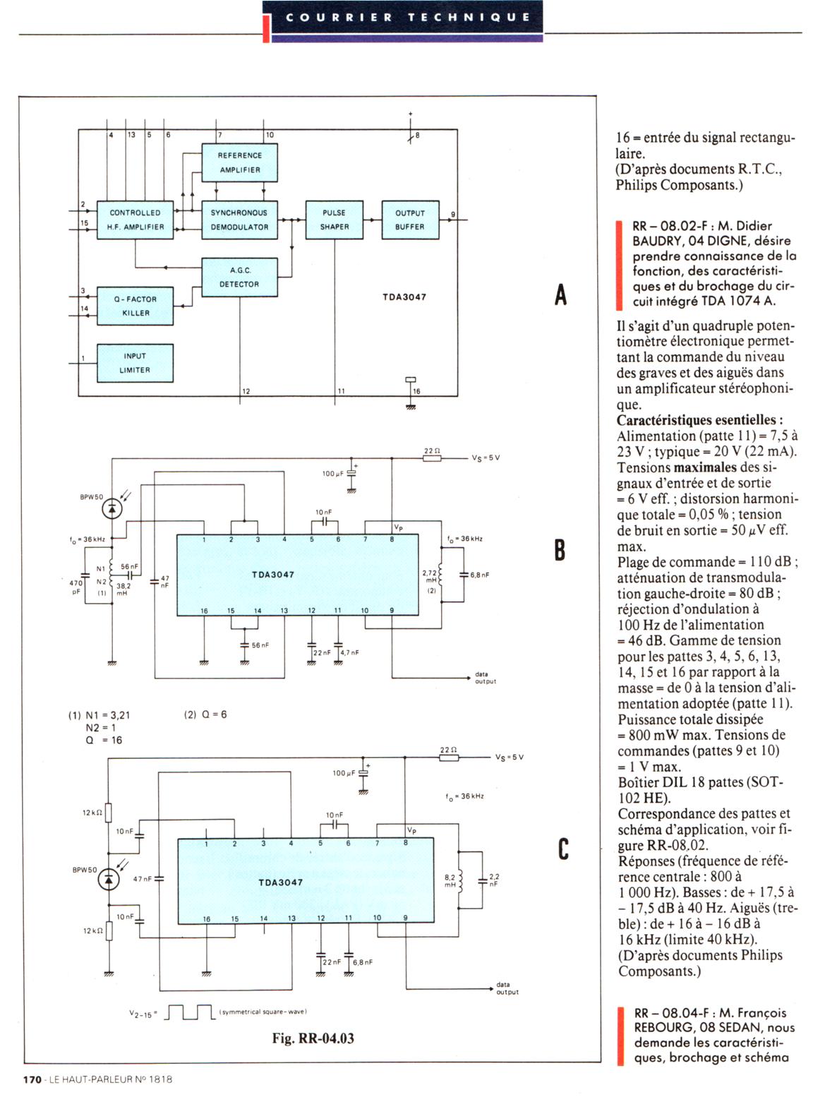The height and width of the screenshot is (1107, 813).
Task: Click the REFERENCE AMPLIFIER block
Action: coord(239,162)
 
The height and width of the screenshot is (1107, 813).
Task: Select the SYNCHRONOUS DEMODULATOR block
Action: coord(239,220)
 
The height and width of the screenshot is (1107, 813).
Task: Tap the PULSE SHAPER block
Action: coord(334,220)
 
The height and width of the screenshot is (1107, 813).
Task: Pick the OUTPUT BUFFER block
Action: coord(410,220)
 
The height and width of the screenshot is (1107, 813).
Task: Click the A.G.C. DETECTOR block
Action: coord(239,277)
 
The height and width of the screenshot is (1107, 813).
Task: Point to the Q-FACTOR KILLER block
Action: coord(135,306)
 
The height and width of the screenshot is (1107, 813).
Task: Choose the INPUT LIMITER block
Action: coord(135,363)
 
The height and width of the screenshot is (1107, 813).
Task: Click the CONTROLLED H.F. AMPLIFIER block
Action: coord(135,220)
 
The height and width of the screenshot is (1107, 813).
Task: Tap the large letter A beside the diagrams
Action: coord(560,294)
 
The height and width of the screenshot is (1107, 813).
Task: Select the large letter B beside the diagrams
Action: coord(560,549)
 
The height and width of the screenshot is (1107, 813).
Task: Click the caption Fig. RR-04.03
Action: coord(313,1038)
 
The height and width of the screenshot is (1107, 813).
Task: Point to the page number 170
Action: coord(32,1079)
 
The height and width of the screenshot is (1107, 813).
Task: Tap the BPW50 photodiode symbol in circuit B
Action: coord(112,509)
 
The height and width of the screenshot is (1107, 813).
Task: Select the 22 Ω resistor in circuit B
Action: coord(432,458)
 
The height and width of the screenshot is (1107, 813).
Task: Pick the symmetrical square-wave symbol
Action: coord(190,1014)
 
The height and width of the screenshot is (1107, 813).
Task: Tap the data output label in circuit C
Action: coord(507,988)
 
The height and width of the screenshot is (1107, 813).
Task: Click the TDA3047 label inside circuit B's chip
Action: coord(273,575)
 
